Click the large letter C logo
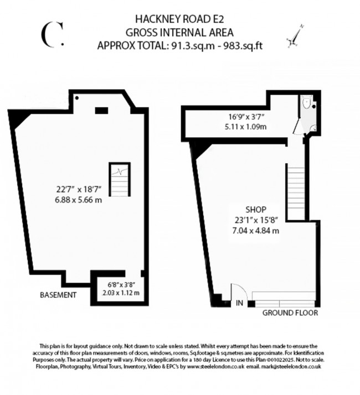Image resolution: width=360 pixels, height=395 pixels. click(52, 34)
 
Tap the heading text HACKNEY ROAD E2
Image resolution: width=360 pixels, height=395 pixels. click(179, 20)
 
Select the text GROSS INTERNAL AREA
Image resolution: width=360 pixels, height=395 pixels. click(179, 32)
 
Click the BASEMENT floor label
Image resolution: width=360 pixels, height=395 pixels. click(58, 295)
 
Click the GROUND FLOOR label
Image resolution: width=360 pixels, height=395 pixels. click(290, 313)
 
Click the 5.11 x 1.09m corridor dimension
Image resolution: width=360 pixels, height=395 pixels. click(245, 127)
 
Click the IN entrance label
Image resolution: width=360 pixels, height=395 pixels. click(239, 303)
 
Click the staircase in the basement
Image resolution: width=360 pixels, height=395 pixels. click(118, 179)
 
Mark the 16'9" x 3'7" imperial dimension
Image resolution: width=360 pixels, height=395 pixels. click(245, 117)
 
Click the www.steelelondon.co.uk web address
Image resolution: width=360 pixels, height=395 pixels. click(213, 366)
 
